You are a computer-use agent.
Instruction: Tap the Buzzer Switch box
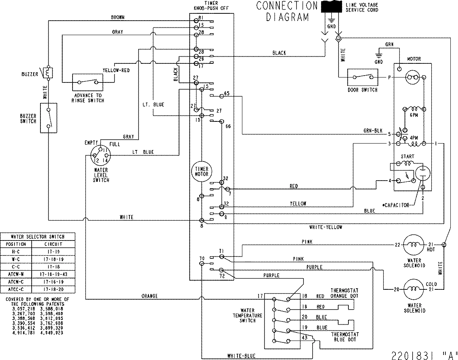tap(48, 118)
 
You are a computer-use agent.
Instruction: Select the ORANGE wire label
tap(150, 296)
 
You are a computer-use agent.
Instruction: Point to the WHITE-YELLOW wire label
tap(326, 227)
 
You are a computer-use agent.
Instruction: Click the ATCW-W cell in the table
tap(16, 274)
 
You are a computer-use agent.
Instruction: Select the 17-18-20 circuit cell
tap(53, 289)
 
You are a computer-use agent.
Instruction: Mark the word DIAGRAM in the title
tap(287, 17)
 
